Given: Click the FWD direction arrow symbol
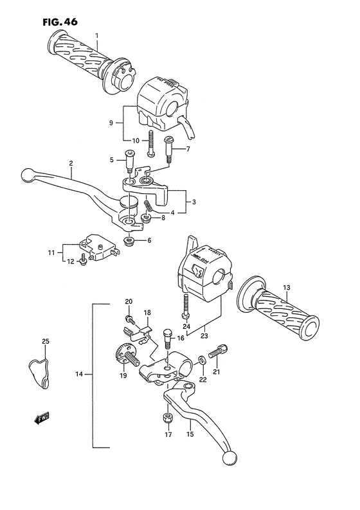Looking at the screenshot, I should (42, 419).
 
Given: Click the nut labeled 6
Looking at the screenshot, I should (129, 242).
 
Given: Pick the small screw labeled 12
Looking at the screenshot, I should (83, 261).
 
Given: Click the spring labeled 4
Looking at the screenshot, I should (148, 206).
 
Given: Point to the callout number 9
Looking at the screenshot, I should (111, 123).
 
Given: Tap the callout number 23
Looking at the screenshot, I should (205, 335).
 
